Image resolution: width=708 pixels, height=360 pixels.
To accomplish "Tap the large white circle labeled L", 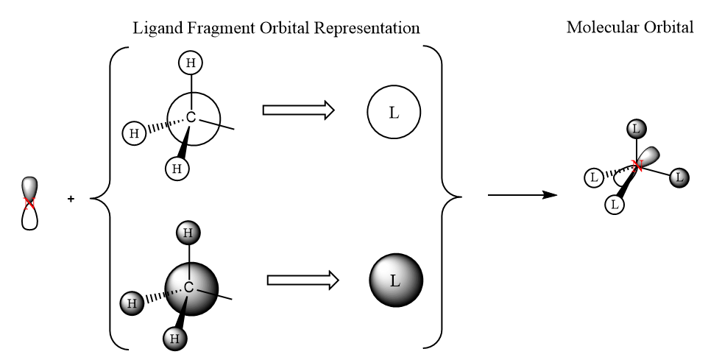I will tap(393, 115).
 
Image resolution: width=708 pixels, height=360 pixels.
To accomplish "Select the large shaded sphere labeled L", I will tap(395, 280).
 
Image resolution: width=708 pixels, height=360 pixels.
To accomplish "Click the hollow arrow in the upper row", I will tap(298, 110).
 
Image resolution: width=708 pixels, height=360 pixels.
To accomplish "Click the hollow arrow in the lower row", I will tap(302, 280).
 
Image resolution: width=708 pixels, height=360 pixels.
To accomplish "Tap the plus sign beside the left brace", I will tap(71, 198).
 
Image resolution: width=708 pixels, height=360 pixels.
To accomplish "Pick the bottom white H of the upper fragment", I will tap(177, 169).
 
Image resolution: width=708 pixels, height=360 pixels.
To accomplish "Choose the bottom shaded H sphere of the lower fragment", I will tap(176, 339).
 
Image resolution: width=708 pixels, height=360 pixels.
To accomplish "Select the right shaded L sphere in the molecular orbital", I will tap(679, 177).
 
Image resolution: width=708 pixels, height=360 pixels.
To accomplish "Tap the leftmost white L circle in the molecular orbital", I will tap(593, 177).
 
